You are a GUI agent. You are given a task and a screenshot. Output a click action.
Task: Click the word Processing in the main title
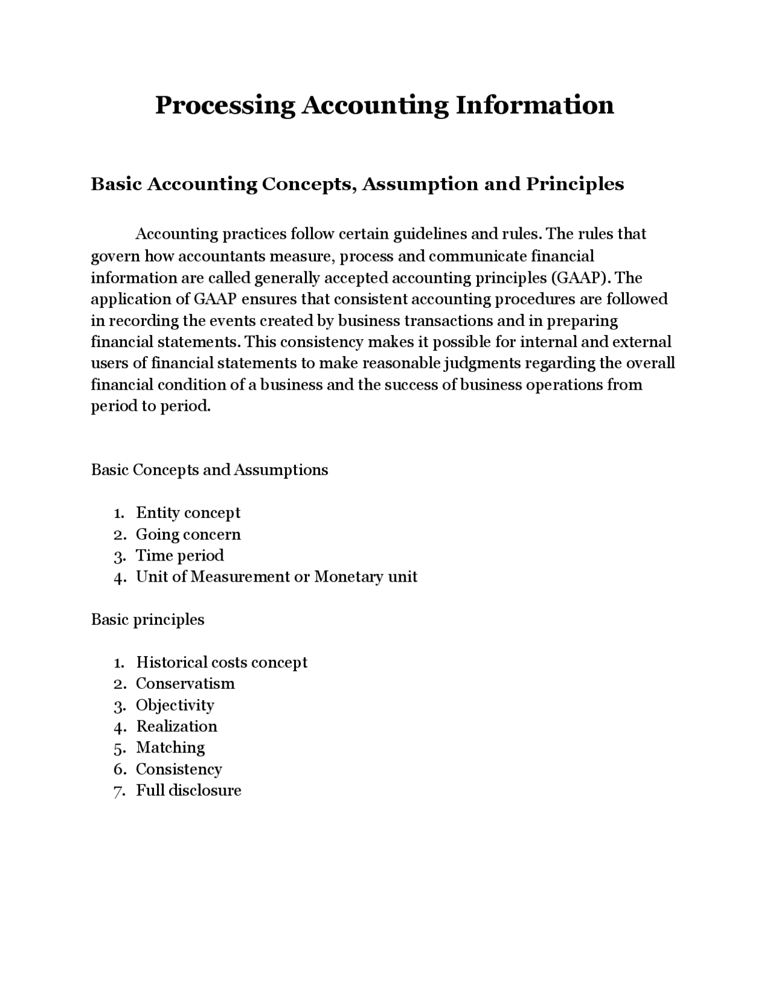(225, 105)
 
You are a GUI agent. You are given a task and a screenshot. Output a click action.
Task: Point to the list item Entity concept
(188, 512)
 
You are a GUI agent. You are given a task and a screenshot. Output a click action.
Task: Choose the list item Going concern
(188, 534)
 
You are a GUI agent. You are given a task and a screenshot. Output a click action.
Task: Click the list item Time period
(179, 555)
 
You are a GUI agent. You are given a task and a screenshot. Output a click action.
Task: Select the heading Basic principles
(147, 619)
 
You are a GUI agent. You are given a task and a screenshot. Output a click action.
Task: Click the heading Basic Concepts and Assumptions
(209, 470)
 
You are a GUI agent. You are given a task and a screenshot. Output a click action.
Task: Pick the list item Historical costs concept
(221, 662)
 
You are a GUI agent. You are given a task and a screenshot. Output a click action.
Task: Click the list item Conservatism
(185, 683)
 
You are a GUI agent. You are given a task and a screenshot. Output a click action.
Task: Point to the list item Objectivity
(174, 705)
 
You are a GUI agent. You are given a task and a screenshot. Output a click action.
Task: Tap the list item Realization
(176, 726)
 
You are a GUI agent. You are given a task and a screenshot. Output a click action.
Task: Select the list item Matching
(170, 748)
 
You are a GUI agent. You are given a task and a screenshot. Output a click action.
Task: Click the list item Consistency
(179, 769)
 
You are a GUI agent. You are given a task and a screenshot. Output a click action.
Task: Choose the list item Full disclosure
(188, 790)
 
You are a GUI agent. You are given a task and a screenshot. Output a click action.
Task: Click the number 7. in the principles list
(119, 792)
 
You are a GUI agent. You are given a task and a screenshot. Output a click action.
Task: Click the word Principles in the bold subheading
(575, 183)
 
